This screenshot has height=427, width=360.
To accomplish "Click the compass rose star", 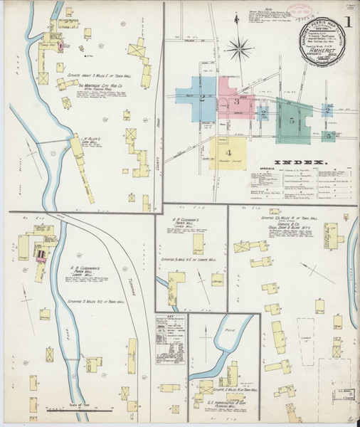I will [x=239, y=50].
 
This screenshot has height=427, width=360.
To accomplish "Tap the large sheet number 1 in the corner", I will [x=349, y=21].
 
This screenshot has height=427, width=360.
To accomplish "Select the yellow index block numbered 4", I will [x=228, y=152].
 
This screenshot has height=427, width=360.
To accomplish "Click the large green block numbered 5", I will [x=292, y=119].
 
